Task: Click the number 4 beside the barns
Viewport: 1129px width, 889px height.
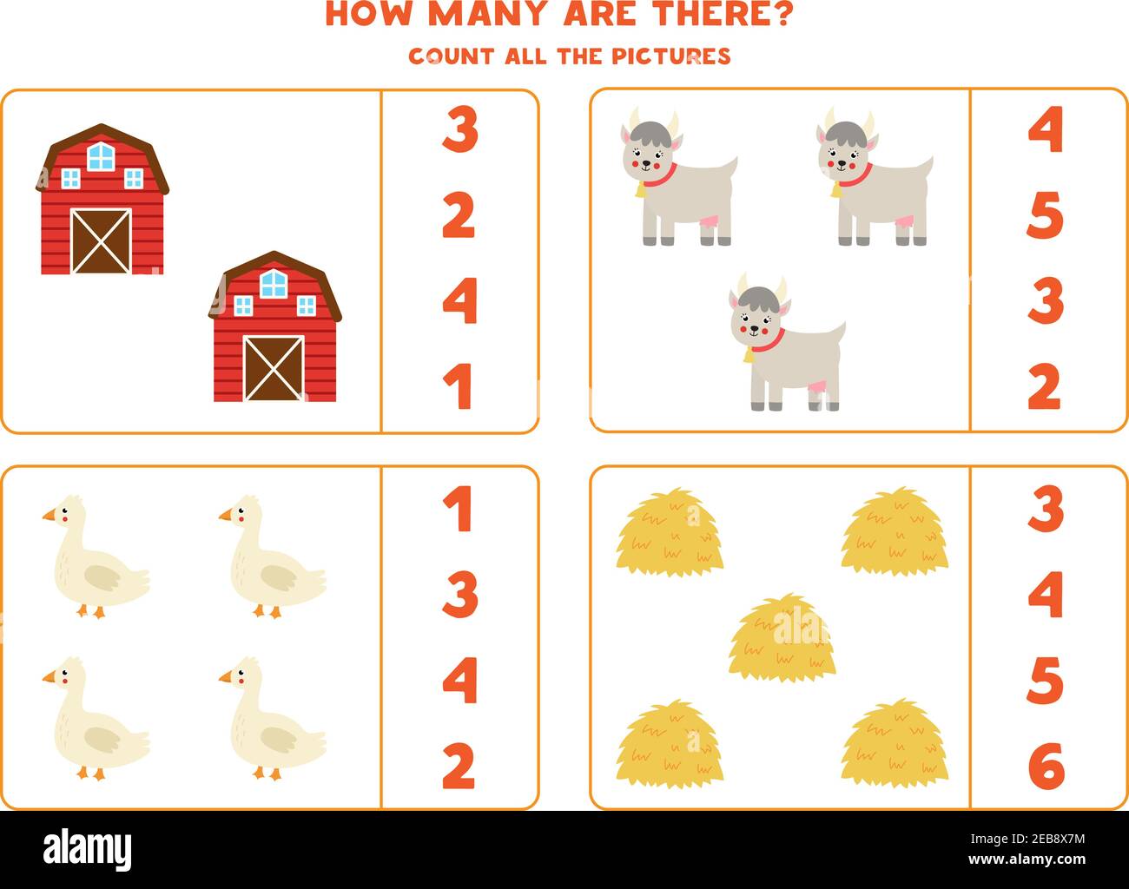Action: coord(460,301)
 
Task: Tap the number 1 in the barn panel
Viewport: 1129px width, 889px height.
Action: coord(458,386)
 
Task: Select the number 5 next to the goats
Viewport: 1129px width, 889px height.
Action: coord(1045,215)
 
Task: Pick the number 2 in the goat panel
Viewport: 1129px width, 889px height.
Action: coord(1045,386)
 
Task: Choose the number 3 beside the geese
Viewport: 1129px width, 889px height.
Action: coord(460,594)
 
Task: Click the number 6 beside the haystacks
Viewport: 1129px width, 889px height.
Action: coord(1046,766)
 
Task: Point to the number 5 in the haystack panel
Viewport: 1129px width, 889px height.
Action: coord(1045,681)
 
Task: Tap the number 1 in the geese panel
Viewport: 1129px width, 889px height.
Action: coord(458,509)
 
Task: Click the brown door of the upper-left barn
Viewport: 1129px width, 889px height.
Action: coord(101,241)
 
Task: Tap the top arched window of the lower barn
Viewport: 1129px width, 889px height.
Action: coord(274,284)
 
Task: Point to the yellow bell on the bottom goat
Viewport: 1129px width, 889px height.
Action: coord(748,356)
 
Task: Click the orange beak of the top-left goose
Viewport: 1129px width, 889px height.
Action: coord(50,515)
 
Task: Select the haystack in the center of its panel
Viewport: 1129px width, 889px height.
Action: coord(782,638)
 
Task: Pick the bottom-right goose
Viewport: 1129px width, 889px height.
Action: coord(273,718)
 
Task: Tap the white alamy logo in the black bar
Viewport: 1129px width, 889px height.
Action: coord(87,849)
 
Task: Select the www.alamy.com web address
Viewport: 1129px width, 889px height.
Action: coord(1027,859)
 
